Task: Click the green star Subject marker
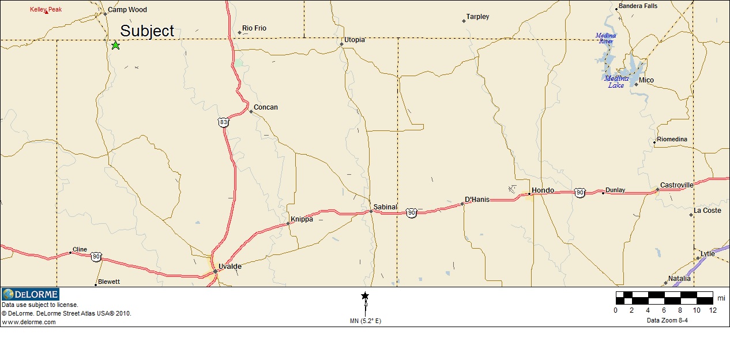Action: (115, 45)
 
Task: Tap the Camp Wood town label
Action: (127, 10)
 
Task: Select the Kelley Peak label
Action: (46, 9)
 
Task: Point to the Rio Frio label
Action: (254, 28)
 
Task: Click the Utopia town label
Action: (355, 40)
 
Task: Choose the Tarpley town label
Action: (477, 17)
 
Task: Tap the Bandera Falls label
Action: (638, 6)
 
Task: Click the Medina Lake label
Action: (616, 82)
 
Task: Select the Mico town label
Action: (646, 80)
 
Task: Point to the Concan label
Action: (266, 107)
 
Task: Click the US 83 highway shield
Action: (224, 122)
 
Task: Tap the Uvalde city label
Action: (230, 267)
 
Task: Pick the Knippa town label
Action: (302, 219)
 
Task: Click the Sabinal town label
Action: (385, 207)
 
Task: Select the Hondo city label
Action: (543, 190)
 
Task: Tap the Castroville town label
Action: (677, 185)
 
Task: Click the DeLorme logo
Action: (31, 294)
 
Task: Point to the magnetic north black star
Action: (365, 296)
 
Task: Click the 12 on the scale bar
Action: (713, 310)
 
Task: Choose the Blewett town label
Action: (109, 282)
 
